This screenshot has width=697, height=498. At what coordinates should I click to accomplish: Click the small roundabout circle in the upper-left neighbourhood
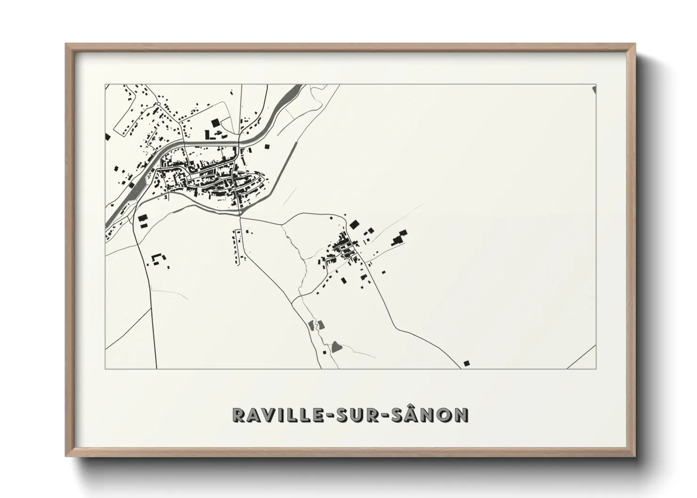click(x=159, y=104)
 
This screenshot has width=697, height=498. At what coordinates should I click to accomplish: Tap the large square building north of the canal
click(x=215, y=123)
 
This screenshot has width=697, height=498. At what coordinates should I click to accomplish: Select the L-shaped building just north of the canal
click(x=208, y=135)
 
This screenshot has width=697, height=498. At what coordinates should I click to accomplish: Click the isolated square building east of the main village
click(x=268, y=146)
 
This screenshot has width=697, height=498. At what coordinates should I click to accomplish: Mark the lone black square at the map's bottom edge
click(x=466, y=362)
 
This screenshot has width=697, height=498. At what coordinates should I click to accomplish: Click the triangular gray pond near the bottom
click(x=336, y=347)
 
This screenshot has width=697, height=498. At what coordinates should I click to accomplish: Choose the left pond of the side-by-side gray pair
click(x=311, y=324)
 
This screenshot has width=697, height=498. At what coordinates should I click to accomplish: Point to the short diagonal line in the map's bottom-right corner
click(x=581, y=357)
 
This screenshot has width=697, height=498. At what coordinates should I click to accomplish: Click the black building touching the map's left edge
click(x=108, y=137)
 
